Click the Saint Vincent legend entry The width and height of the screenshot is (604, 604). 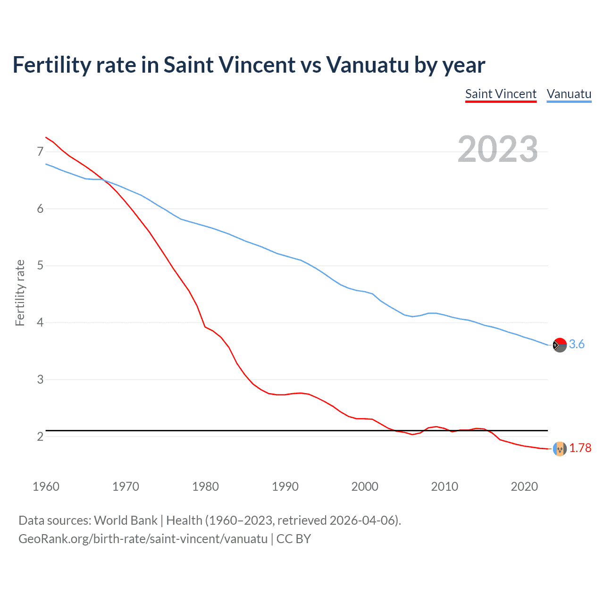point(501,94)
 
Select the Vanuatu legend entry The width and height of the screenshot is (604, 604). point(569,94)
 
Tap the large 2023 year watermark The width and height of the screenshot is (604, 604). point(497,149)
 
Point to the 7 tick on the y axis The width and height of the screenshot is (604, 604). point(40,151)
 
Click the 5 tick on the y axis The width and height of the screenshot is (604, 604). point(40,266)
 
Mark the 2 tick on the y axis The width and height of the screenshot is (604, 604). point(40,436)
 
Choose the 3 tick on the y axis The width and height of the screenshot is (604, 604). point(40,379)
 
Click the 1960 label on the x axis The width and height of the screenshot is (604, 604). point(46,487)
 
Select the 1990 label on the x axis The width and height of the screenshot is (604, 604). point(285,487)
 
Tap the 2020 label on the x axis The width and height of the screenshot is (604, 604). point(524,487)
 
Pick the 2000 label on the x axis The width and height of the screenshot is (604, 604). point(365,487)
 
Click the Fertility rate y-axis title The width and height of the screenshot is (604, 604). point(20,293)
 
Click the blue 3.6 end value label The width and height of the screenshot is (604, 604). point(577,344)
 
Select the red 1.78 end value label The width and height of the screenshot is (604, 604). point(580,448)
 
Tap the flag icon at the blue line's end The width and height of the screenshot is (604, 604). point(560,345)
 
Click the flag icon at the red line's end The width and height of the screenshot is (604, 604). point(560,449)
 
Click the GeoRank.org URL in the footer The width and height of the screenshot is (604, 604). point(143,539)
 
